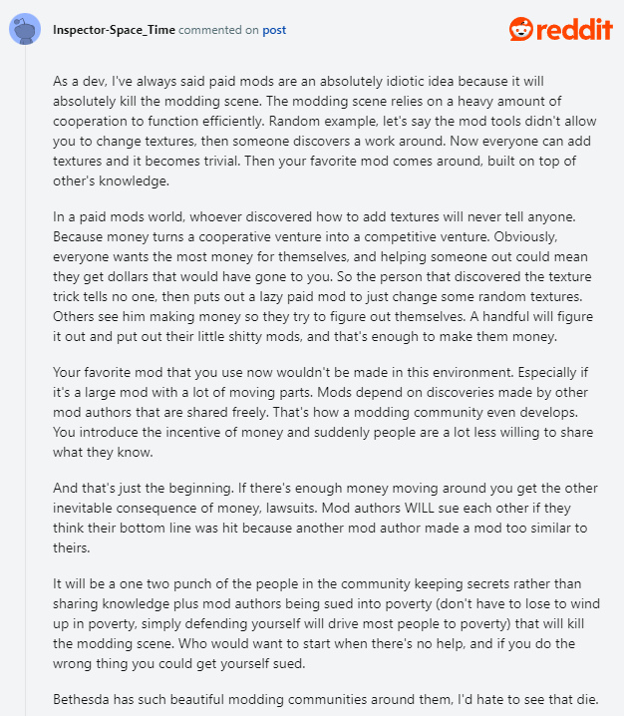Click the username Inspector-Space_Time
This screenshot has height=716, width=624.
(115, 30)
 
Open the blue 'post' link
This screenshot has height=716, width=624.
(274, 30)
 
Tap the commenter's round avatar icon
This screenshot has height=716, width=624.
(24, 31)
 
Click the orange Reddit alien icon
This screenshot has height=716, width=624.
(522, 30)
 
